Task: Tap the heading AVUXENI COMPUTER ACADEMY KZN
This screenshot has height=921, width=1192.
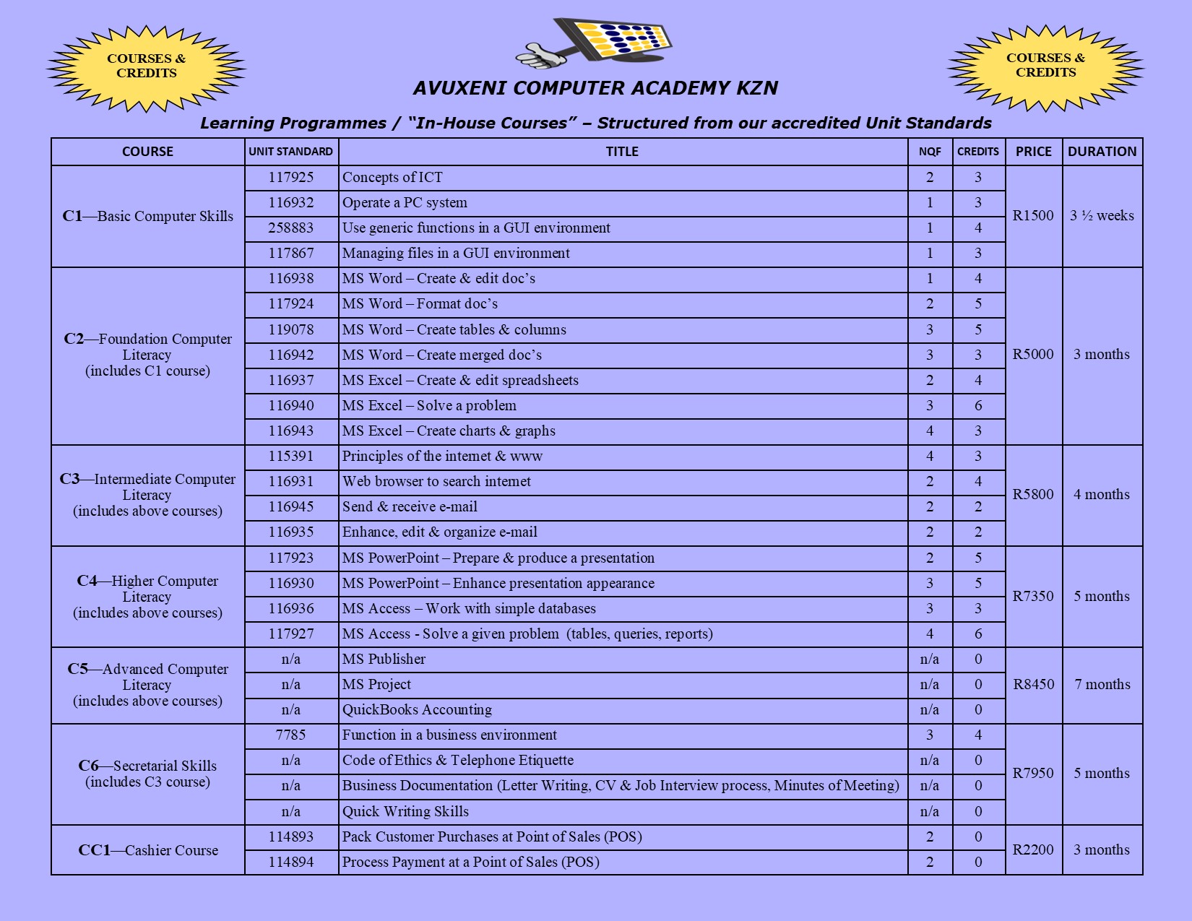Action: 595,88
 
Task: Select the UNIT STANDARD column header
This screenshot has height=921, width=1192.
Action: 291,152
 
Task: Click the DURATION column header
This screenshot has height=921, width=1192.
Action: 1102,152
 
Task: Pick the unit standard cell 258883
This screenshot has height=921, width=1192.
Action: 291,228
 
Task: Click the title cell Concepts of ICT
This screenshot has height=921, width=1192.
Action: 392,178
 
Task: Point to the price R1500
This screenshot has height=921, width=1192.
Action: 1033,215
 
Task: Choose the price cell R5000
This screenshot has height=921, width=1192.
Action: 1033,354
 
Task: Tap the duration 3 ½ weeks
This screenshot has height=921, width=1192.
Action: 1102,215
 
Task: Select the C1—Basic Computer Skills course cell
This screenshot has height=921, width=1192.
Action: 148,216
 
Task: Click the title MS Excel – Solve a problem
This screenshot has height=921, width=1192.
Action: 429,405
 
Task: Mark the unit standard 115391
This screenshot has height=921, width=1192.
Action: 291,456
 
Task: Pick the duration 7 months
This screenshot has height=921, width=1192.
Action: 1102,684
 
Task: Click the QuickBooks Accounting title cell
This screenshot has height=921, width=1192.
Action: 417,710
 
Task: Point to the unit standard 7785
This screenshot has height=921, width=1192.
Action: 291,735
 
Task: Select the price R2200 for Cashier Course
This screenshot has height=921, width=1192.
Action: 1033,849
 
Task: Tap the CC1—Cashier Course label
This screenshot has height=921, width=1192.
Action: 148,850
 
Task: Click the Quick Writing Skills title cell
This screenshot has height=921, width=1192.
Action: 405,811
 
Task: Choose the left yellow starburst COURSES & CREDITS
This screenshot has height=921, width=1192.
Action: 147,67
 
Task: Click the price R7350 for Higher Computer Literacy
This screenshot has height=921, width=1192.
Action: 1033,596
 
